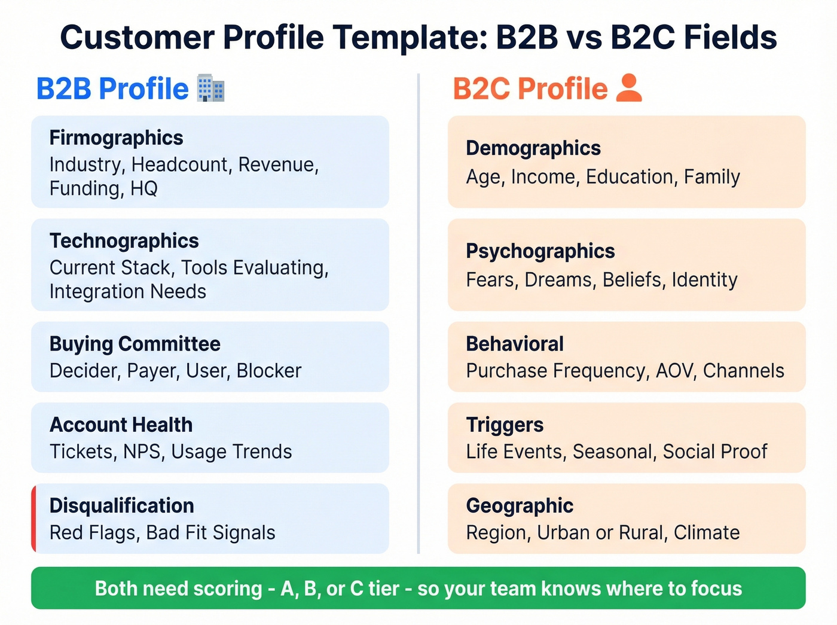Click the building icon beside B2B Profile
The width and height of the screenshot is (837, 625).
(210, 89)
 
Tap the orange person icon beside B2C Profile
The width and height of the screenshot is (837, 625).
(628, 88)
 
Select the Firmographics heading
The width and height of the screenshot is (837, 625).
(116, 138)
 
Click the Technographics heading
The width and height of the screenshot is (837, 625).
(124, 240)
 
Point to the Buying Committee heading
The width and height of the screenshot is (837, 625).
(135, 344)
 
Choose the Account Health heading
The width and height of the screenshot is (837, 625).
(121, 425)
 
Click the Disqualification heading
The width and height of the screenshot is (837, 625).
(121, 505)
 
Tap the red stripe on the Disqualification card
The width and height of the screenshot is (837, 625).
(34, 519)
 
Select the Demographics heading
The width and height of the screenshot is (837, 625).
(533, 148)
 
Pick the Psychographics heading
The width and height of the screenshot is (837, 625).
(540, 251)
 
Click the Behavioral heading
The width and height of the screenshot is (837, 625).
(514, 344)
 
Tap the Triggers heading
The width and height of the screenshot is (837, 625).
(505, 425)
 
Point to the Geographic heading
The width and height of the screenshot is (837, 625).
(519, 505)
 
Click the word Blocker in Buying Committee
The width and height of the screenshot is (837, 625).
(269, 371)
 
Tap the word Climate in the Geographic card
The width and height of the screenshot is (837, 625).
(707, 532)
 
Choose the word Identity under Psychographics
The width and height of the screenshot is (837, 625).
(704, 279)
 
